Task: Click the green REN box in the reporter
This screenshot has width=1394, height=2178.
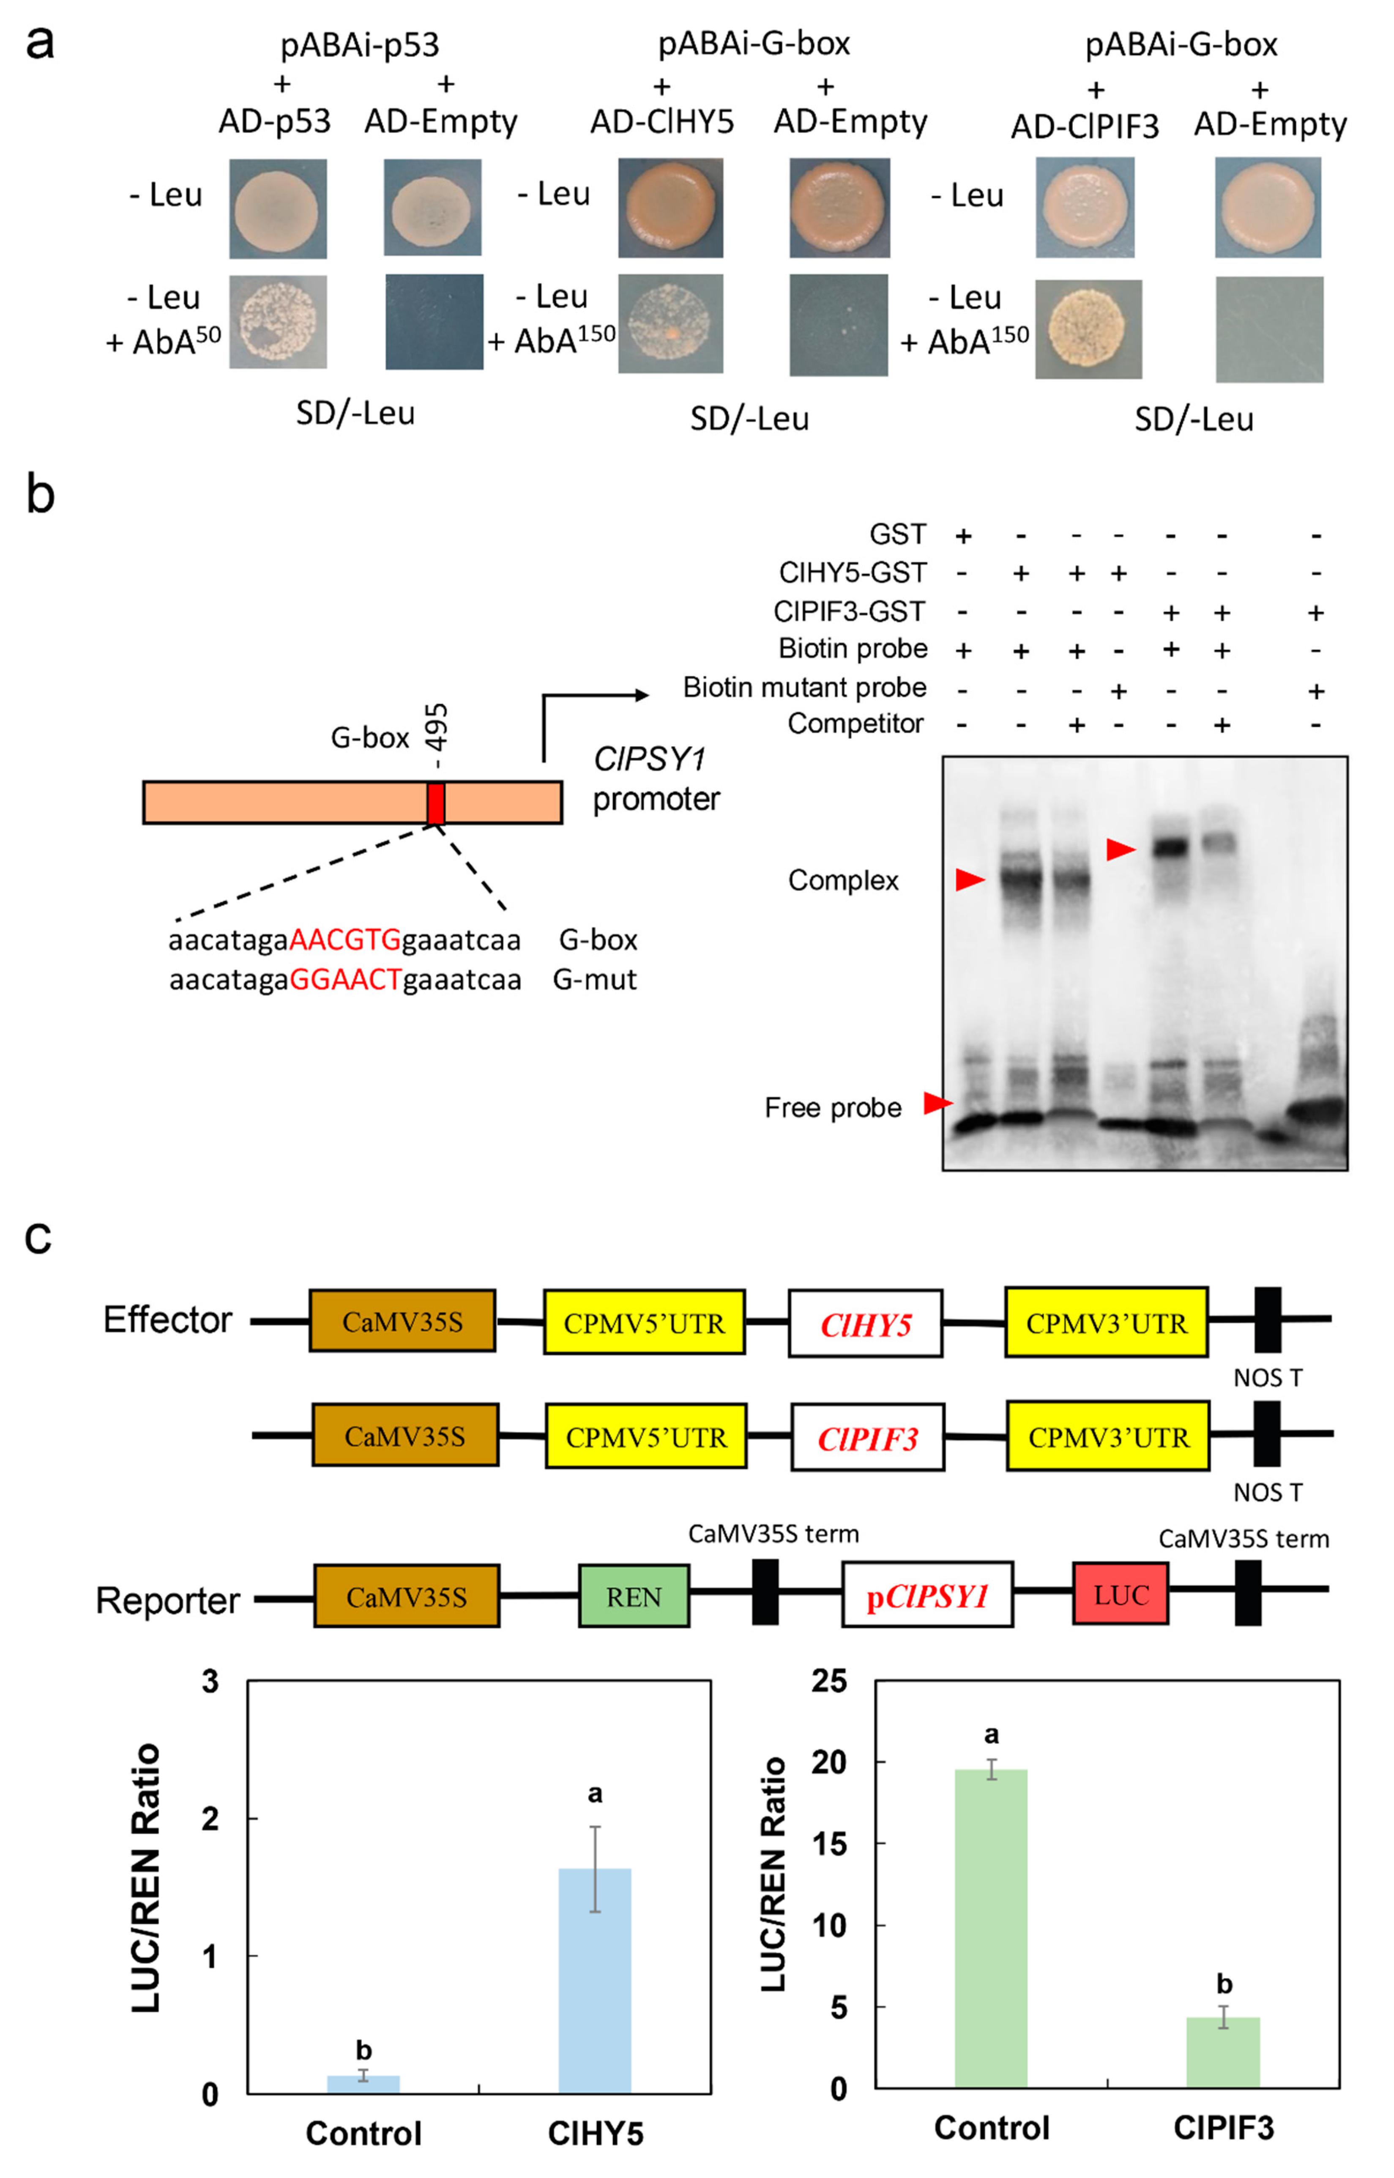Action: pos(634,1596)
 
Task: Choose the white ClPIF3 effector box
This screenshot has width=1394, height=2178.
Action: pos(867,1438)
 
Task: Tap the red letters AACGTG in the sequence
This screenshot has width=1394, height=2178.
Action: pos(345,940)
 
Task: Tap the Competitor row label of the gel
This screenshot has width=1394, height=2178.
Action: pos(856,724)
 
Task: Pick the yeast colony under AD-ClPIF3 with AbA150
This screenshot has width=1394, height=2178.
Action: pos(1088,329)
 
